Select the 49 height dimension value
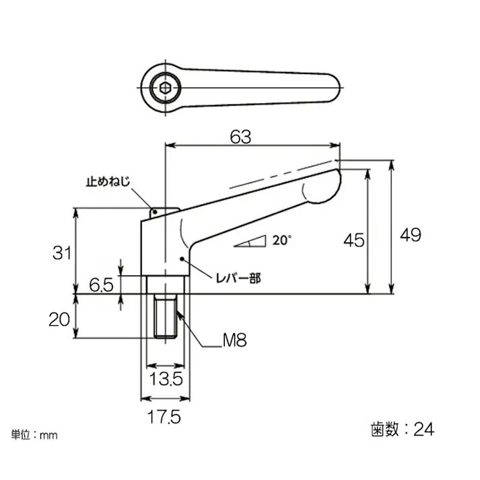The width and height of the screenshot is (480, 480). click(410, 235)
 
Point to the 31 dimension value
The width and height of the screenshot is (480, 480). click(62, 253)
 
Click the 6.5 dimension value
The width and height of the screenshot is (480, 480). click(100, 285)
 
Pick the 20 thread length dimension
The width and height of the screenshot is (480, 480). click(60, 318)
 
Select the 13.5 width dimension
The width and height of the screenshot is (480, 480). click(165, 379)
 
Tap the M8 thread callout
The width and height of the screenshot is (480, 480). click(234, 341)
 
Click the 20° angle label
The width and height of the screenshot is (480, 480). click(283, 240)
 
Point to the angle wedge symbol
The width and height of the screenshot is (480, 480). click(251, 242)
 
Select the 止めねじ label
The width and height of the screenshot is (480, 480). click(107, 182)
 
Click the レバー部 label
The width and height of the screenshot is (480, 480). click(238, 277)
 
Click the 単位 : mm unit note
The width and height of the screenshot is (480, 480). click(34, 435)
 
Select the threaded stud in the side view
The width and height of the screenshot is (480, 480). click(166, 316)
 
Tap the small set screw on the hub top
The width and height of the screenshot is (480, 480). click(156, 213)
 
